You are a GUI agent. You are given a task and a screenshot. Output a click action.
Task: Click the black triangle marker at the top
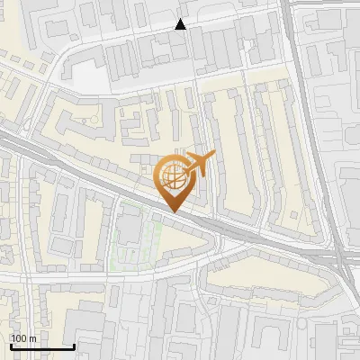click(181, 24)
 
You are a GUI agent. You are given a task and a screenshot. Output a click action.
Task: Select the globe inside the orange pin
click(173, 176)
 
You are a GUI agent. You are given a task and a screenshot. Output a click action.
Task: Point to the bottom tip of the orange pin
click(173, 211)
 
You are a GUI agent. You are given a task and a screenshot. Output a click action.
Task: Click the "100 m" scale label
click(23, 338)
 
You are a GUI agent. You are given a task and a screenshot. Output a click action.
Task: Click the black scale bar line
click(41, 346)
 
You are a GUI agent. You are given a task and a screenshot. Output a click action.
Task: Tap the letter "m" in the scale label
click(32, 338)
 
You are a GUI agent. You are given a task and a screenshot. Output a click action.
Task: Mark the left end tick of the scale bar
click(10, 345)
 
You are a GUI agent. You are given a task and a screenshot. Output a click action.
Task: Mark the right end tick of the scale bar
click(74, 345)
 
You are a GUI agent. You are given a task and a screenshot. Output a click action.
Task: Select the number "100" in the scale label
click(19, 338)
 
